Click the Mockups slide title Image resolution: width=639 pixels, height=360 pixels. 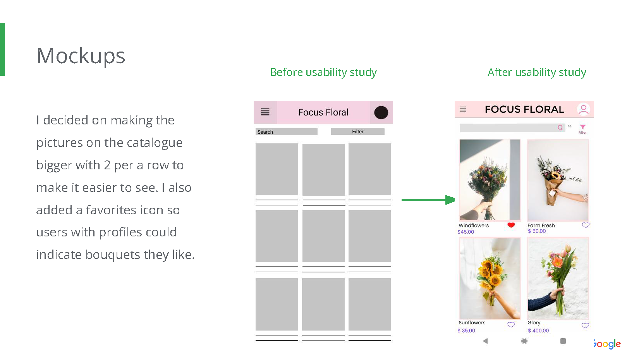point(81,56)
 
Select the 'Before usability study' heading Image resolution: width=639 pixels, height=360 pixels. point(323,72)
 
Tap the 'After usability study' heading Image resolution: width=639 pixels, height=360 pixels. point(536,72)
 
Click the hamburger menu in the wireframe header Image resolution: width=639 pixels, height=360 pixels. point(265,112)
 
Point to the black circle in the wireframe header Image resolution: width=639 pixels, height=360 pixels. point(381,112)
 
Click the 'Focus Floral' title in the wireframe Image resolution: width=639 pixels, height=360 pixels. point(323,112)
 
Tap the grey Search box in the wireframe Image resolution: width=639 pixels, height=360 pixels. point(286,132)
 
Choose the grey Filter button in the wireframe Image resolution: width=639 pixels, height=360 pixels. point(357,132)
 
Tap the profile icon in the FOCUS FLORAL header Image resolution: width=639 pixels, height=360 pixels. point(583,109)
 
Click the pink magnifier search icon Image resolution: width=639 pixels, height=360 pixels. point(560,127)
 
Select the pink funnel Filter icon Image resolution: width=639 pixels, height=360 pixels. point(582,127)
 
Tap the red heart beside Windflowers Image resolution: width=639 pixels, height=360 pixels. point(511,225)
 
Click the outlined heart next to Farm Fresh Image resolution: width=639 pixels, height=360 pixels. point(586,225)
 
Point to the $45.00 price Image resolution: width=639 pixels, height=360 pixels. point(466,232)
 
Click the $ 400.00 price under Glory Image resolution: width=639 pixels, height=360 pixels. point(538,331)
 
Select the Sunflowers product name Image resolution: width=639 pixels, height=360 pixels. point(472,323)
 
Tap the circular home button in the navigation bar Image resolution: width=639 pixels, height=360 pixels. point(524,341)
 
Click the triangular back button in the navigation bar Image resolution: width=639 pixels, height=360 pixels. point(485,341)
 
